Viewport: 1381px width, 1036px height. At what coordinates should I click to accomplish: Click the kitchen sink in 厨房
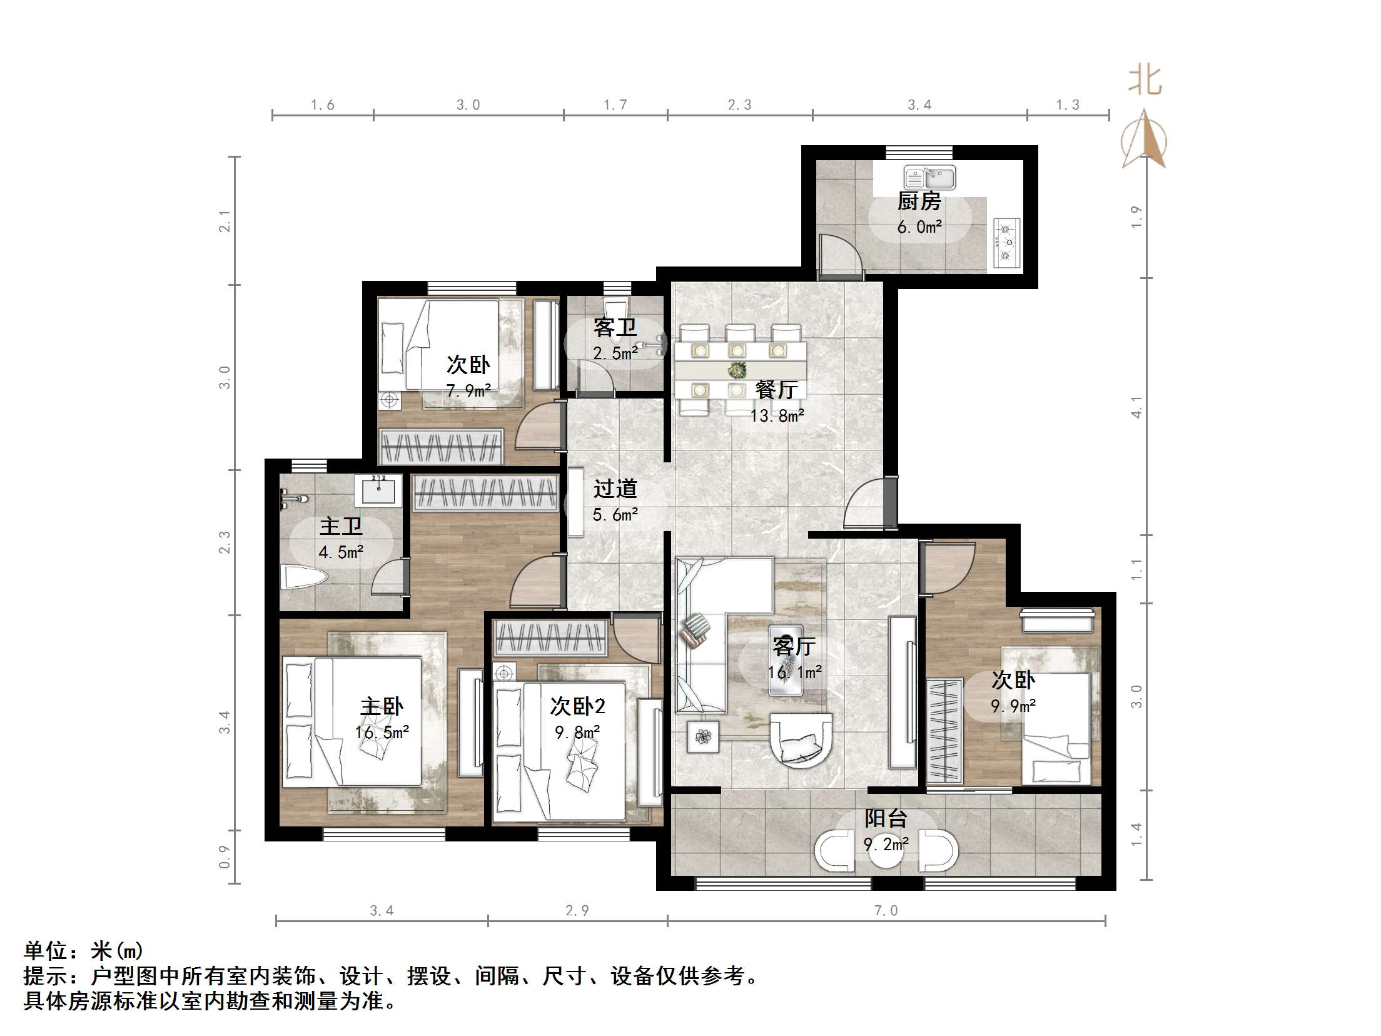tap(929, 178)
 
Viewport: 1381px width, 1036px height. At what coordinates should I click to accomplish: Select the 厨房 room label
tap(919, 201)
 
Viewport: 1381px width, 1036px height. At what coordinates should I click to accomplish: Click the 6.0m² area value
tap(919, 227)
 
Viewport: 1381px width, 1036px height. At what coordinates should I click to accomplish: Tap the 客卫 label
tap(615, 327)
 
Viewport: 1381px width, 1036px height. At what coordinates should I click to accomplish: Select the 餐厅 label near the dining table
tap(776, 390)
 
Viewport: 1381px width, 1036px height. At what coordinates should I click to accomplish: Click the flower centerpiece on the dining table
tap(738, 370)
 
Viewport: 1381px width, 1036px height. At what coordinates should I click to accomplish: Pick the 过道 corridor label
tap(615, 489)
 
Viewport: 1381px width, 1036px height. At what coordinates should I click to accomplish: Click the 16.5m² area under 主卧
tap(382, 733)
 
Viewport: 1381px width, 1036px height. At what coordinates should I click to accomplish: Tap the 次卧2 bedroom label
tap(577, 706)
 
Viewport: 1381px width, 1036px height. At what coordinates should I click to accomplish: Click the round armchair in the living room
tap(801, 741)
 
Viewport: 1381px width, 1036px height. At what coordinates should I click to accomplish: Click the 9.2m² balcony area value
tap(886, 845)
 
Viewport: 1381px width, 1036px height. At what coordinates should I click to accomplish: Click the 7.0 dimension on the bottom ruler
tap(886, 910)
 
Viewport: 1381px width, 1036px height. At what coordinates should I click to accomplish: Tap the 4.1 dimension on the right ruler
tap(1136, 407)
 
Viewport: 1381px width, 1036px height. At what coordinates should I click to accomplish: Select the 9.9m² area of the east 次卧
tap(1013, 706)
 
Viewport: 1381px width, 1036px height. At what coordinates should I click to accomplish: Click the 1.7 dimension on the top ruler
tap(615, 105)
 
